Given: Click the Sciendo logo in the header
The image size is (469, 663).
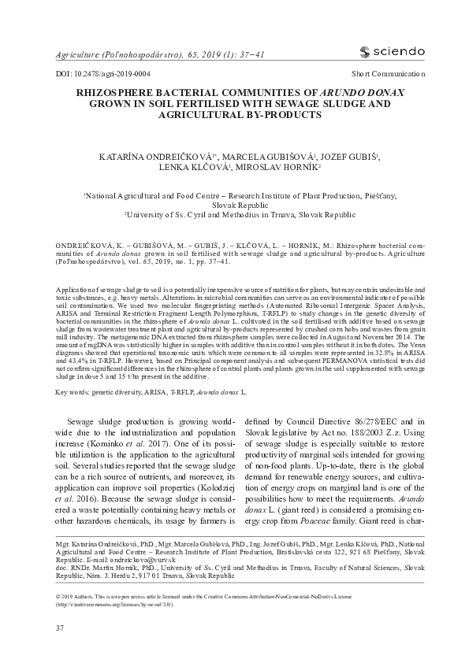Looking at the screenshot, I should (x=391, y=52).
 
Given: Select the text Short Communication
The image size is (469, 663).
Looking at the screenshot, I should (x=388, y=73).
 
